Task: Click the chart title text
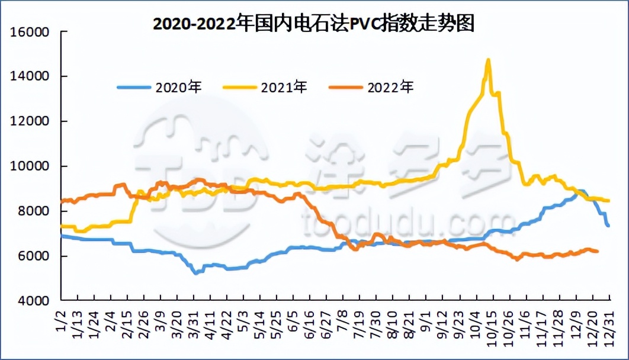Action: coord(314,24)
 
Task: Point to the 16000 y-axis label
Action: coord(29,31)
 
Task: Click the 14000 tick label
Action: coord(29,76)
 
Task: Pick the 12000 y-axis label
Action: coord(29,121)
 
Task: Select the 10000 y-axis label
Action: coord(29,166)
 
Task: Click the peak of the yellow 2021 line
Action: coord(488,59)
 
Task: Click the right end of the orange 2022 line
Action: coord(597,252)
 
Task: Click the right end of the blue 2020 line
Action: coord(608,226)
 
